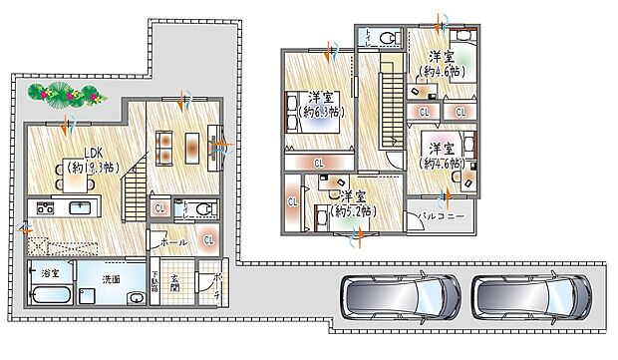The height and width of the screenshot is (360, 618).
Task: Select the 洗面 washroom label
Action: coord(113,279)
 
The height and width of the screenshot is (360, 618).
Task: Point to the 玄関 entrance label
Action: coord(174,284)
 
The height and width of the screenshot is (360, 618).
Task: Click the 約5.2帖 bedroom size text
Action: coord(353,211)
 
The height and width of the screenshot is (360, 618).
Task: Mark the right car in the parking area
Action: coord(533,296)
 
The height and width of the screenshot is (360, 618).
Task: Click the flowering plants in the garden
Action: coord(65,94)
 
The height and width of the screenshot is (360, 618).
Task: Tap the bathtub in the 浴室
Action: coord(50,295)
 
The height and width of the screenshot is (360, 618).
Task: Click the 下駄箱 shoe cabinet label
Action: coord(154,286)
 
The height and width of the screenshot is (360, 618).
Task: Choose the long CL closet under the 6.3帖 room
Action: coord(319,163)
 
